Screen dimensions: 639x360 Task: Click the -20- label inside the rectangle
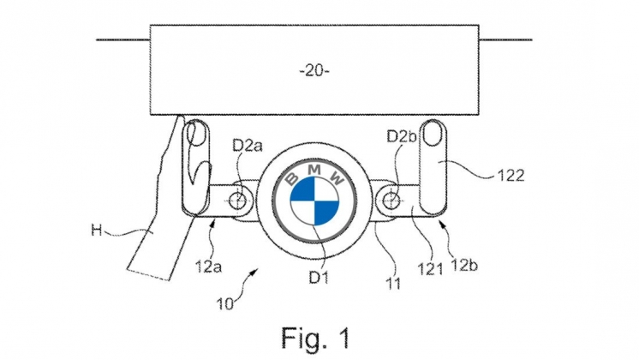click(314, 71)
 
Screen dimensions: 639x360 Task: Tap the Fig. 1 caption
click(315, 338)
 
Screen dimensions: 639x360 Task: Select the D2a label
click(248, 146)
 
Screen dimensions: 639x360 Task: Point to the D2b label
click(402, 136)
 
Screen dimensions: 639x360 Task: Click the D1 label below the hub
click(319, 277)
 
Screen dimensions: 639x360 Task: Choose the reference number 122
click(511, 176)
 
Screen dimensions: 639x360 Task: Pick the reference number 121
click(430, 269)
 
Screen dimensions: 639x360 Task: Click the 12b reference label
click(464, 266)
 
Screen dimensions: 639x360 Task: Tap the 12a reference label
click(208, 267)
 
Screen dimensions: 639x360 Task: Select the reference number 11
click(394, 284)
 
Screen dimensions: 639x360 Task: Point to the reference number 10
click(225, 304)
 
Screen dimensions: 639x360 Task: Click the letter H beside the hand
click(96, 231)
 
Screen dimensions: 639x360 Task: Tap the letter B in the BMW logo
click(292, 178)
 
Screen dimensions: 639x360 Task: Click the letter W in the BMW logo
click(337, 178)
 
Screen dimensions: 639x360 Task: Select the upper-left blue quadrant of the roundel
click(303, 190)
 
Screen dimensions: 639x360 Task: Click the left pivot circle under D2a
click(237, 201)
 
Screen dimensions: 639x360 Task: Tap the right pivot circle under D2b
click(391, 201)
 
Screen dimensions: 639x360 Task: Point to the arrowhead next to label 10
click(254, 271)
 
